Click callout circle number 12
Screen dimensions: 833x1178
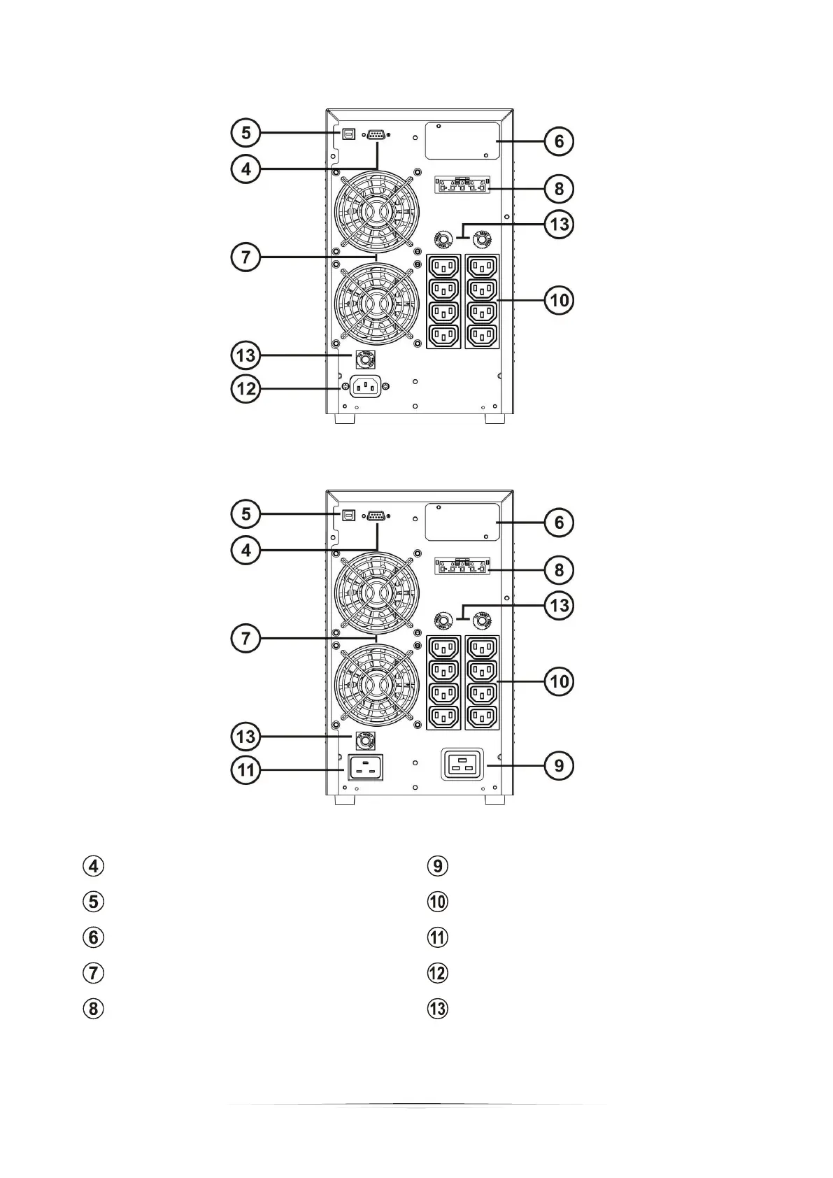(245, 388)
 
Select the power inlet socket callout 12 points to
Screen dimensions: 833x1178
(365, 385)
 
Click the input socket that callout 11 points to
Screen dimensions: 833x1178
(365, 767)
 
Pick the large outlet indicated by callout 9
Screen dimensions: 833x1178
(462, 765)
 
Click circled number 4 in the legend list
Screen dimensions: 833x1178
(94, 865)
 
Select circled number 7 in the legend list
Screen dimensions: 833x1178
(94, 972)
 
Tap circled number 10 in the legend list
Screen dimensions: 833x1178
(438, 901)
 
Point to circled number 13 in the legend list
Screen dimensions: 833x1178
(438, 1008)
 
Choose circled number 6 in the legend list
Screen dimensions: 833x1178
(94, 937)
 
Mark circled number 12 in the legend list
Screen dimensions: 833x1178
(438, 972)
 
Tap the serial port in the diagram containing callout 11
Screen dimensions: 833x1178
(376, 516)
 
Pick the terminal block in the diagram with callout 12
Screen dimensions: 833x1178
(462, 186)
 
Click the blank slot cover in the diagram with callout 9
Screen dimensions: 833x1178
(462, 522)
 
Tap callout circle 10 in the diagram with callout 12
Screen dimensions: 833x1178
(559, 300)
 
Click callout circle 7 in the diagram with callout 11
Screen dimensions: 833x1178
(245, 638)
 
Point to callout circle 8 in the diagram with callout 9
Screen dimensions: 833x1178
(559, 569)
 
